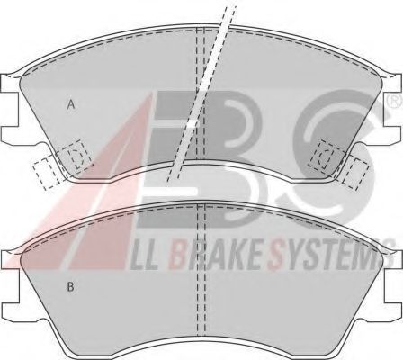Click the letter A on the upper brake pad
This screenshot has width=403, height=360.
(71, 104)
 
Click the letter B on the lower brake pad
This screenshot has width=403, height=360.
(70, 287)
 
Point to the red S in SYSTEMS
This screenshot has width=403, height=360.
(276, 256)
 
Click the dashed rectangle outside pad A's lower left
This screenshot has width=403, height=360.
(46, 174)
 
